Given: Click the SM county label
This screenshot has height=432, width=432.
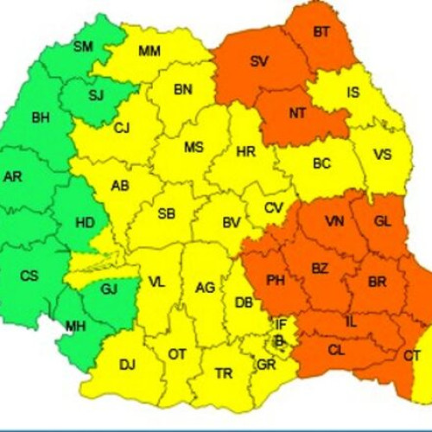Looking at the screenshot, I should (x=83, y=46).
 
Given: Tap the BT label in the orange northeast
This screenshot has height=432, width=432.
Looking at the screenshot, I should (x=321, y=32).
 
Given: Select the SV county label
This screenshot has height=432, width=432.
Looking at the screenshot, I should (x=258, y=61).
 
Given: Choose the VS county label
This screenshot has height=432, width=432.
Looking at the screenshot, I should (x=383, y=156).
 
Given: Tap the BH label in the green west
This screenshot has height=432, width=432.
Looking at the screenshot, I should (x=41, y=118).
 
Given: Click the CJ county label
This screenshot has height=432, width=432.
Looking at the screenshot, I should (x=122, y=129).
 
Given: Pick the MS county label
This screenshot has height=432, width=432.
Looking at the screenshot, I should (x=194, y=147).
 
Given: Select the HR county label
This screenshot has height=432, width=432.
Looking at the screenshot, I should (x=245, y=152).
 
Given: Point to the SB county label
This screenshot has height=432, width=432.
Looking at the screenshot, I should (x=167, y=213).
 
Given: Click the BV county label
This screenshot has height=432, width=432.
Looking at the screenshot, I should (x=231, y=223).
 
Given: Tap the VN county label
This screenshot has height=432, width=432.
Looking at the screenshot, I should (x=334, y=221).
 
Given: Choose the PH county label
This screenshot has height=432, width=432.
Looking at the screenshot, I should (x=276, y=280).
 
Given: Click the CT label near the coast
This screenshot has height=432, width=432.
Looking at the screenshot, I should (x=412, y=356).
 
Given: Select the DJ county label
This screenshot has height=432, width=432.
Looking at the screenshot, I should (x=127, y=365).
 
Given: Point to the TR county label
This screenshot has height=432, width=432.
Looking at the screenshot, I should (x=224, y=373).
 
